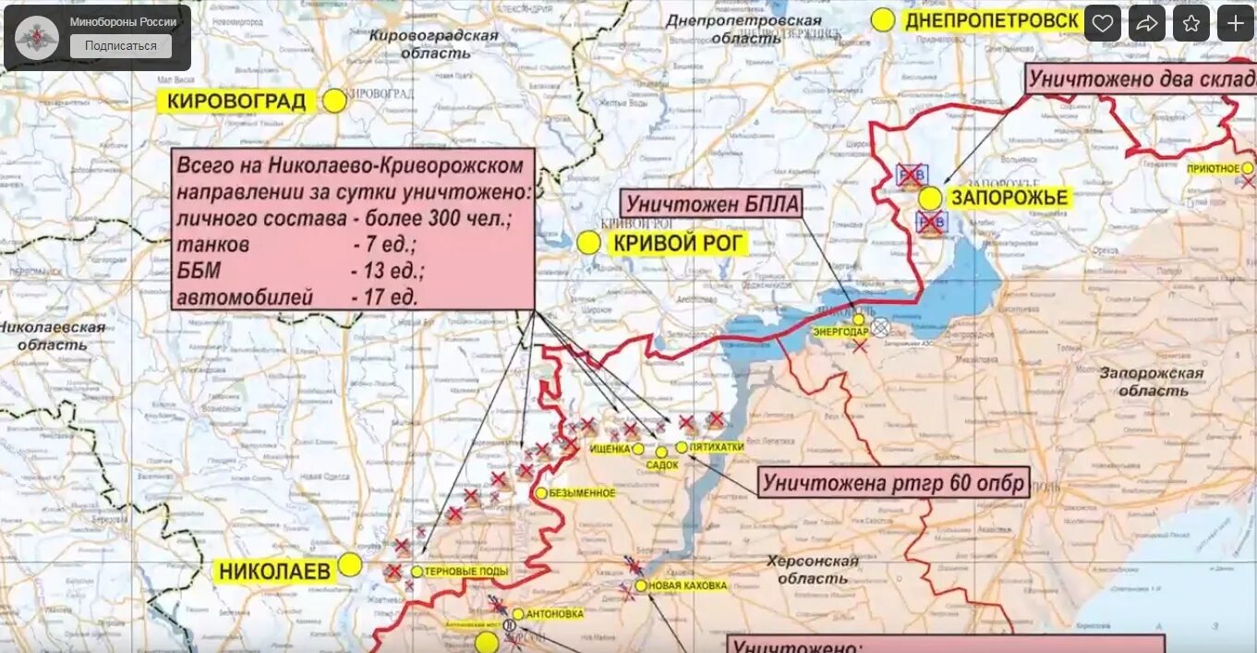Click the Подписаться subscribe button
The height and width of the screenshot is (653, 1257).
121,46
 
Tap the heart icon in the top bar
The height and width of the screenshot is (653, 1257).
1102,23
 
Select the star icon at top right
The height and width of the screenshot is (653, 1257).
1191,23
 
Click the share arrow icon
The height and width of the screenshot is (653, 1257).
1146,23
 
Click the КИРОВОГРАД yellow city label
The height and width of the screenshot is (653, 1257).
236,102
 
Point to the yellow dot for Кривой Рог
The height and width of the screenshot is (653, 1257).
588,243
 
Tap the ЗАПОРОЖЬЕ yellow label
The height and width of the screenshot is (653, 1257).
1009,198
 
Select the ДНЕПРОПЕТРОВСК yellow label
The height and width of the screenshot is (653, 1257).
992,20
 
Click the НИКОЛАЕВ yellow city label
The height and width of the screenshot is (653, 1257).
274,572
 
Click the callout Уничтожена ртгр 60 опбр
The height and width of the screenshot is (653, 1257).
893,483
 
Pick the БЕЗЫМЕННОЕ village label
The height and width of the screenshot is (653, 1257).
582,493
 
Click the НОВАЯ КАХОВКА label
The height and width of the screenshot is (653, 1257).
687,586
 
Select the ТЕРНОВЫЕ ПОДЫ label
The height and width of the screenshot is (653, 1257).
466,572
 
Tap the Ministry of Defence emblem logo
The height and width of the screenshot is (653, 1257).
37,38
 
